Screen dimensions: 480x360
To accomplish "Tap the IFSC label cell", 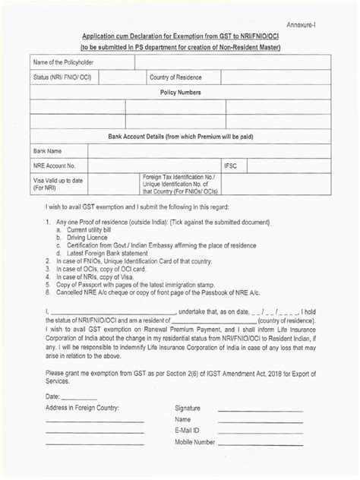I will (x=231, y=165).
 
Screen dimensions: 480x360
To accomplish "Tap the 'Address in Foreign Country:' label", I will (x=83, y=408).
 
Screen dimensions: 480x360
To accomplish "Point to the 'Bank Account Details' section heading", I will (x=179, y=135).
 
